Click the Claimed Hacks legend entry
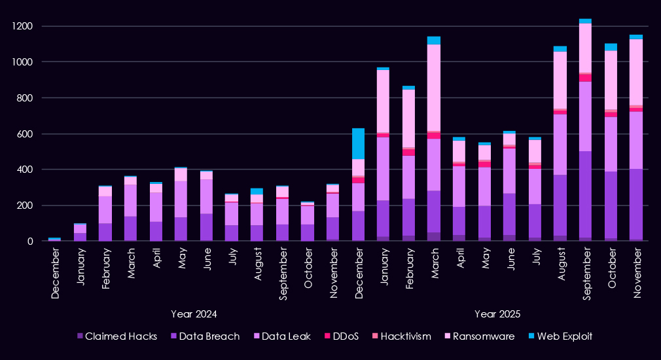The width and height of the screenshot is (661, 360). point(120,336)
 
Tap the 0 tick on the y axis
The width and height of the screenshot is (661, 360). point(30,241)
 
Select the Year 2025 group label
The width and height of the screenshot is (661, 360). point(497,314)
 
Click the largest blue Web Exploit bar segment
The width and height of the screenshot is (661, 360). point(359,143)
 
